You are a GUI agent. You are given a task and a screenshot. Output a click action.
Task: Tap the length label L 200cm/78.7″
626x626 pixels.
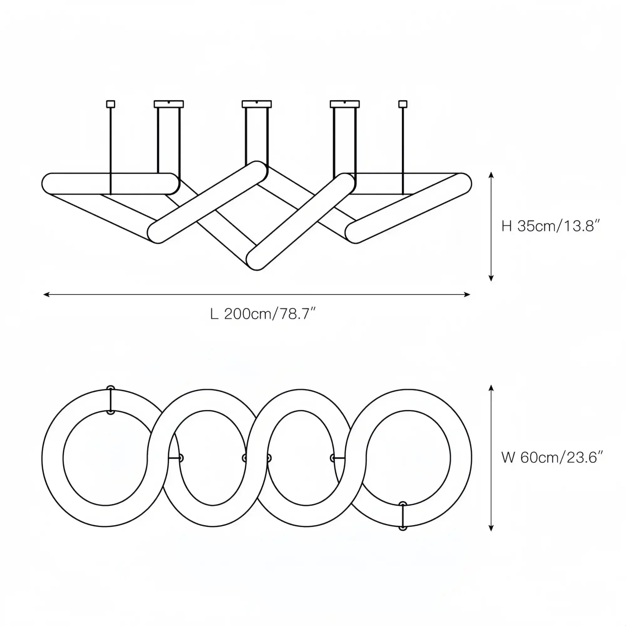263,314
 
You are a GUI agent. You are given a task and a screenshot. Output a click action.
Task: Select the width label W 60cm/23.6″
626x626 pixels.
552,458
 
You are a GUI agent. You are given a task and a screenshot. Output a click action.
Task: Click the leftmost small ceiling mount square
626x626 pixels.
110,104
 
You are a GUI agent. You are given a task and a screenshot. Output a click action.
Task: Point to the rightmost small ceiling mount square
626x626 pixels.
403,104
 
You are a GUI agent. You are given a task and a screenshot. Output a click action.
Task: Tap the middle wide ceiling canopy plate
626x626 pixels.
257,104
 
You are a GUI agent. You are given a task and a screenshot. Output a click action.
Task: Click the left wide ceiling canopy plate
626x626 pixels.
169,104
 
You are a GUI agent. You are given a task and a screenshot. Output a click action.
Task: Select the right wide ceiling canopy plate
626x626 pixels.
345,104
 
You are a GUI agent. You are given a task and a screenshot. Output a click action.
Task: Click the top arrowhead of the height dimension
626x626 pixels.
491,175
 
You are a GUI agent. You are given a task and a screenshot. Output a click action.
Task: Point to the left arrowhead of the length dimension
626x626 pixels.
47,295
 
